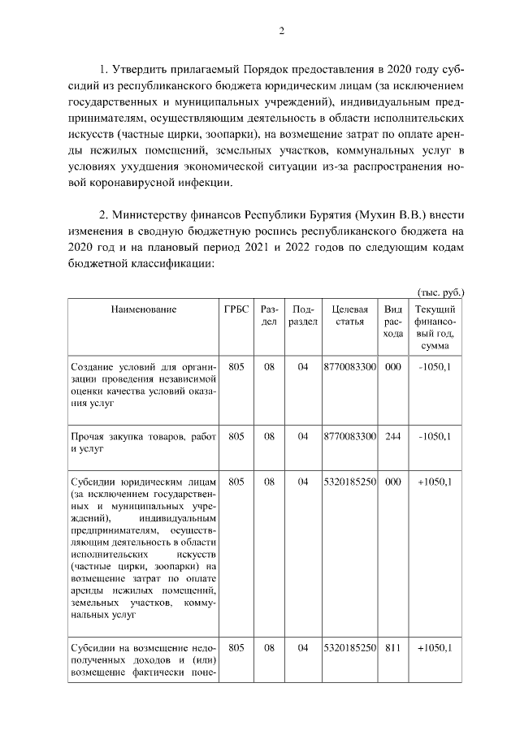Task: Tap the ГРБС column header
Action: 236,309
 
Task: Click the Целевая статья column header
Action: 349,315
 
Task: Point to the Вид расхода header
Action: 393,321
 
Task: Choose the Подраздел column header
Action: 303,315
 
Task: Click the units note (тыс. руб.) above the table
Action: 440,292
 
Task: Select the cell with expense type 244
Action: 393,436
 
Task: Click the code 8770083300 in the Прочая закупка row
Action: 349,436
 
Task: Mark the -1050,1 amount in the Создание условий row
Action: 435,367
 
